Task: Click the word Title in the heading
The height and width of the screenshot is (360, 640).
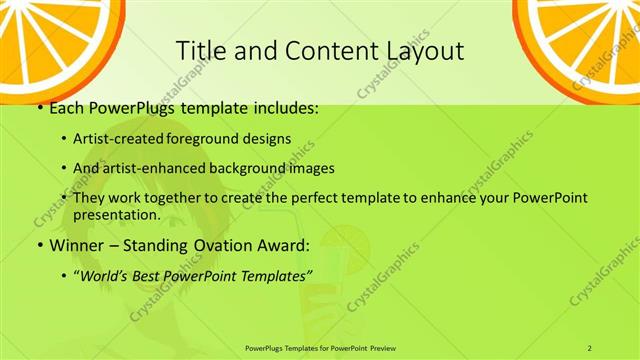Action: point(199,51)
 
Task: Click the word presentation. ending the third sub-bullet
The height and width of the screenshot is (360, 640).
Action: point(117,214)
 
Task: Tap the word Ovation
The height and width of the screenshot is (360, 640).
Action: point(213,244)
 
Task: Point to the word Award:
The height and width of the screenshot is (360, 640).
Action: point(282,244)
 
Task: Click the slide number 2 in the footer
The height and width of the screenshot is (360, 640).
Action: point(590,347)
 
